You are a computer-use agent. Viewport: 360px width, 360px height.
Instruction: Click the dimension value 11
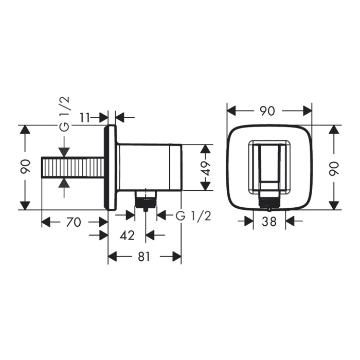point(86,117)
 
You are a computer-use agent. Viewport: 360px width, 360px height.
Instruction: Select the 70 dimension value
point(74,222)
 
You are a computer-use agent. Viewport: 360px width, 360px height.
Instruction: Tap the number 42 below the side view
point(127,236)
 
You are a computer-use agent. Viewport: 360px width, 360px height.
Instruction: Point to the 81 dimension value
point(145,257)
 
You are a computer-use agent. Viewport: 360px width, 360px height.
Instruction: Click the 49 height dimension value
point(206,168)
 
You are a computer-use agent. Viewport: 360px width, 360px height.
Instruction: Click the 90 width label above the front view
point(269,111)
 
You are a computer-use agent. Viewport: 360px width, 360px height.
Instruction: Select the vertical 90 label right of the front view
point(335,168)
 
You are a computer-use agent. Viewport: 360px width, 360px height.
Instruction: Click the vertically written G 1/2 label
point(64,115)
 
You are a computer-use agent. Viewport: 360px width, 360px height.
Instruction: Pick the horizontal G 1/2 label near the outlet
point(193,215)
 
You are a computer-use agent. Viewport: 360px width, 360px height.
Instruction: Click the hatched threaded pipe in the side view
point(72,168)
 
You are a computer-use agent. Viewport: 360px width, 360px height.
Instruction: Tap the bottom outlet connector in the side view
point(146,200)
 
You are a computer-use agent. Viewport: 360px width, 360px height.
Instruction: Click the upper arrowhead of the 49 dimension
point(206,150)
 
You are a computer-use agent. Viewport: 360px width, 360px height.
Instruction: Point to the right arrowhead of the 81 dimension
point(177,257)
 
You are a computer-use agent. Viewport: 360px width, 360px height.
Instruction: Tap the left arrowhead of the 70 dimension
point(45,222)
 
